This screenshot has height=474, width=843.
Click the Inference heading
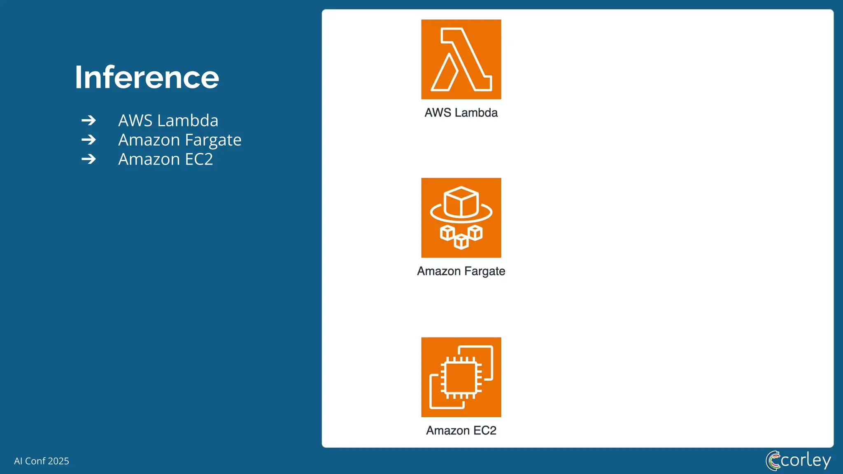point(147,77)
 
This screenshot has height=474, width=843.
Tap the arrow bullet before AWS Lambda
point(88,121)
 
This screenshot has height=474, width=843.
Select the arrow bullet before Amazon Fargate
point(88,140)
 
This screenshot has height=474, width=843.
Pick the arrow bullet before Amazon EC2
point(88,159)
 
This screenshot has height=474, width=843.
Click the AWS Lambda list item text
point(168,121)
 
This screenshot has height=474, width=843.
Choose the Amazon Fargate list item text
point(179,140)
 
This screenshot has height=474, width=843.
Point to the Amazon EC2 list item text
point(165,159)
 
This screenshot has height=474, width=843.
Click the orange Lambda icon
point(461,59)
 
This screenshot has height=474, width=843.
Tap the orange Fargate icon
point(461,218)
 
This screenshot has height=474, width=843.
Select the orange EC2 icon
point(461,377)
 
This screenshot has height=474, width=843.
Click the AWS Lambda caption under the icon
point(461,113)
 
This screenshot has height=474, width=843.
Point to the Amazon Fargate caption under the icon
point(461,271)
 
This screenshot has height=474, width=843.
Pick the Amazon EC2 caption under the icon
point(461,430)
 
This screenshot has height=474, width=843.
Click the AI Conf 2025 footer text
point(42,461)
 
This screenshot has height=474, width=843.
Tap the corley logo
point(798,460)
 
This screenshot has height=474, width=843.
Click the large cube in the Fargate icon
point(461,202)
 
